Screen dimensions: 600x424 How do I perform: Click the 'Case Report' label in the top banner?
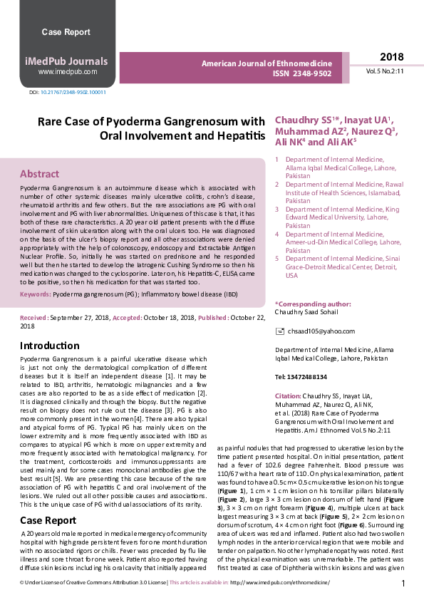coord(66,32)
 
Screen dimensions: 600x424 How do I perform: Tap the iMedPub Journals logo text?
coord(67,61)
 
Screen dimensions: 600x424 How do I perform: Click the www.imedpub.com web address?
coord(67,72)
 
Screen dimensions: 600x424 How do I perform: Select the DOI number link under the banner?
coord(73,93)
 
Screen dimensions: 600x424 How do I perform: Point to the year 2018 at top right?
coord(391,57)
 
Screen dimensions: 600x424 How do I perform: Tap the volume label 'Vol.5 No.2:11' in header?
coord(386,73)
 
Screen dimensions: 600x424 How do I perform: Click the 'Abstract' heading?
coord(39,174)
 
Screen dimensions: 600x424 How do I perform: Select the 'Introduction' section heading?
coord(49,346)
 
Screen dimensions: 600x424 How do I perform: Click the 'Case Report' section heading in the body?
coord(48,500)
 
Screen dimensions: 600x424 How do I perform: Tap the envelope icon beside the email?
coord(279,332)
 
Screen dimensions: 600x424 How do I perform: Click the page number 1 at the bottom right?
coord(403,584)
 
